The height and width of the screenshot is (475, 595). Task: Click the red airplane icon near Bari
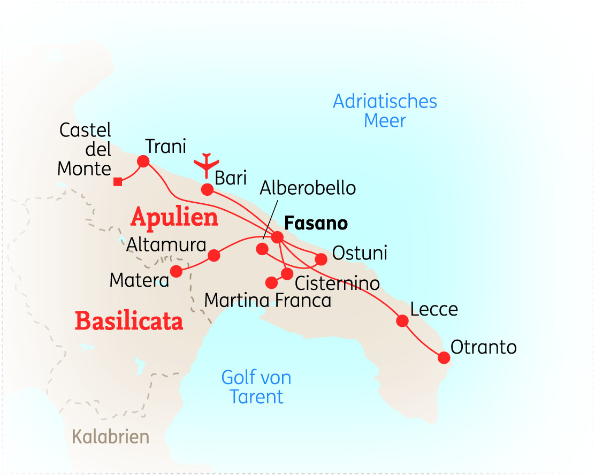207,165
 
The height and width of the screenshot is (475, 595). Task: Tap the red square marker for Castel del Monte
118,182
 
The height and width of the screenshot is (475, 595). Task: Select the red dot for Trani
143,161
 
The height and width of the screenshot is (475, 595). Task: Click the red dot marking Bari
207,189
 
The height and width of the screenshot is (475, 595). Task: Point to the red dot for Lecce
402,321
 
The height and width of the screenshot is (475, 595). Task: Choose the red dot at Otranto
444,357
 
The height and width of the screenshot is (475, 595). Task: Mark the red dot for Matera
176,271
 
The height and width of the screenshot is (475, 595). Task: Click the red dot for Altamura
213,255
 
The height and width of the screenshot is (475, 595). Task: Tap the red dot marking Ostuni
321,259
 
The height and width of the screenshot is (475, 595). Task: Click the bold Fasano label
316,223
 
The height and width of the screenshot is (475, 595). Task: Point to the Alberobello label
308,188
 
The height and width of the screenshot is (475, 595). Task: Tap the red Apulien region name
174,217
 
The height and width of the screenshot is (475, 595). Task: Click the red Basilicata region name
129,321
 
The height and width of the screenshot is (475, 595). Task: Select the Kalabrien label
111,437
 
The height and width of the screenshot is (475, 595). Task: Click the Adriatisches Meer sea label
385,111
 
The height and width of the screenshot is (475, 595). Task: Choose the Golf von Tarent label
256,387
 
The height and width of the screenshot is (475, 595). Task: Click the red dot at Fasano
278,237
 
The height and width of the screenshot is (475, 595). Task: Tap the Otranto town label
484,347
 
